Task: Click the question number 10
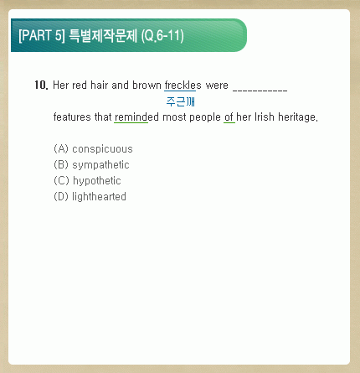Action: click(41, 85)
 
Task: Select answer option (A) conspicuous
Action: click(93, 149)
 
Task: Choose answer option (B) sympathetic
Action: click(91, 165)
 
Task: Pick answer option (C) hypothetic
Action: click(87, 181)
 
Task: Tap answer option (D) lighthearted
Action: click(90, 197)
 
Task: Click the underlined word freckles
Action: click(183, 85)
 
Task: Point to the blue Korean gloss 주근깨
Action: click(181, 101)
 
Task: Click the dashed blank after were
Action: click(260, 90)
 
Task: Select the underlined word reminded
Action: click(136, 117)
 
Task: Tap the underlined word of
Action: click(229, 117)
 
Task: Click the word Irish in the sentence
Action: click(265, 117)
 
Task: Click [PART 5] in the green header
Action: click(42, 35)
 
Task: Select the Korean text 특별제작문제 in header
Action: click(103, 35)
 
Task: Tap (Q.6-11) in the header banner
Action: click(162, 35)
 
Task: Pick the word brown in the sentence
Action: click(147, 85)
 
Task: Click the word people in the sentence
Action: click(205, 117)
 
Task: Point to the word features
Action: click(72, 117)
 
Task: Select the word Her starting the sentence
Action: click(60, 85)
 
